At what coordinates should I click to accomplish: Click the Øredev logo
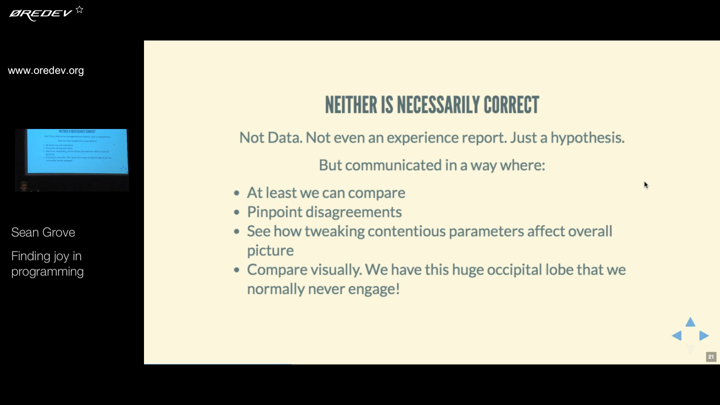40,14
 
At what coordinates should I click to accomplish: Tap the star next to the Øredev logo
79,10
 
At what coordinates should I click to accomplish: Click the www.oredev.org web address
46,70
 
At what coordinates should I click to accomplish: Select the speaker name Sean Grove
43,232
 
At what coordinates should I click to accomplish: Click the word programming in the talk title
47,272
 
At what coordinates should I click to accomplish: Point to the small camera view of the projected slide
72,160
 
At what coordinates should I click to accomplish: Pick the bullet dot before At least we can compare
237,193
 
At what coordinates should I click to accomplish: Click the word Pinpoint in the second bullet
274,212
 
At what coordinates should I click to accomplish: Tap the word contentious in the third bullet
406,231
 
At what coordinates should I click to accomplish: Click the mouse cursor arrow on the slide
646,185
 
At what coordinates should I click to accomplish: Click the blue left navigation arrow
676,336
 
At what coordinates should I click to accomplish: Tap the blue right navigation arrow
704,336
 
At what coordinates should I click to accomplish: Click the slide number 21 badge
711,357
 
